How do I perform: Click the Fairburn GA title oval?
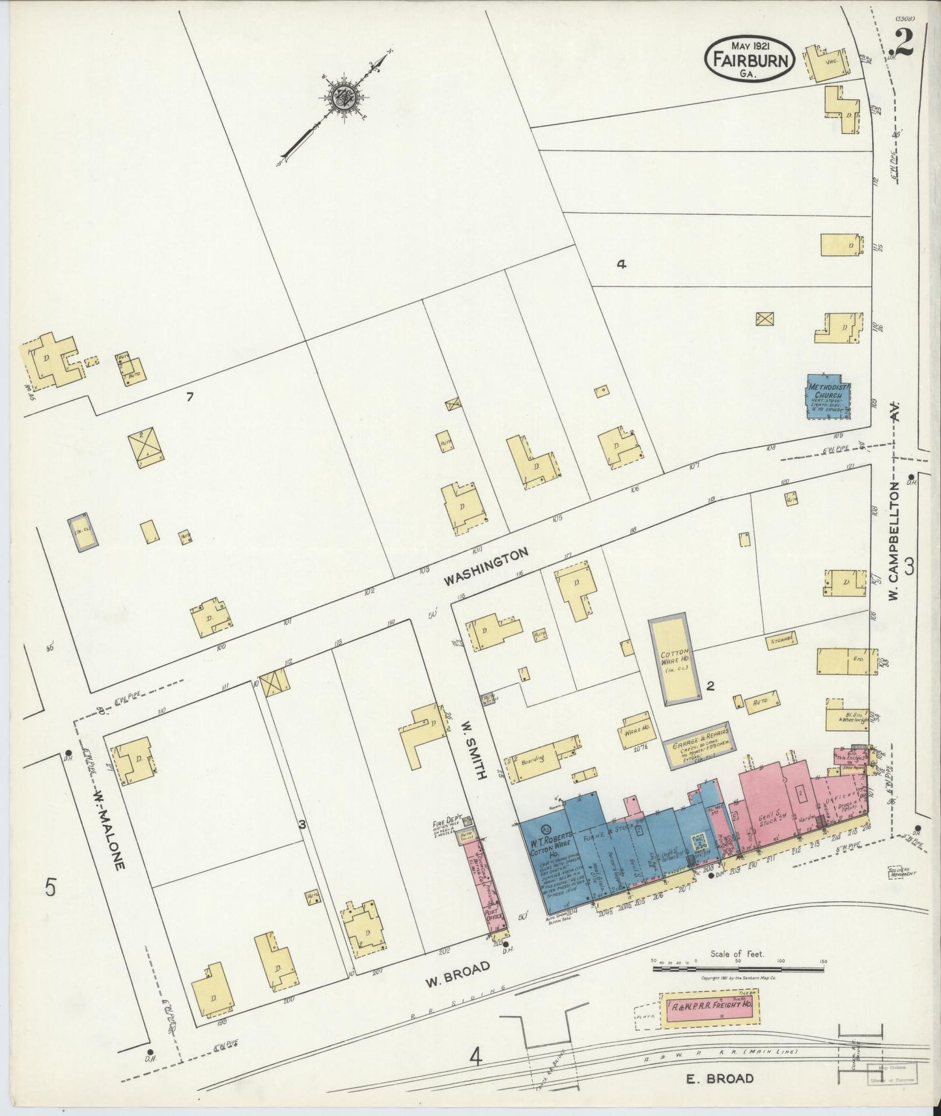point(750,57)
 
